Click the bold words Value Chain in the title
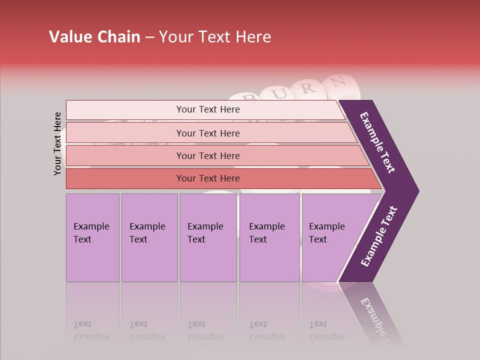coord(94,37)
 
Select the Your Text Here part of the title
coord(215,37)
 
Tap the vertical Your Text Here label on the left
coord(57,143)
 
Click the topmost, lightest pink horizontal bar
coord(207,109)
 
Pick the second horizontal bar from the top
coord(207,133)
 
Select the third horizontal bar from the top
coord(207,155)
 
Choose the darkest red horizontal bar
coord(207,178)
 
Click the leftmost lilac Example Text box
coord(92,237)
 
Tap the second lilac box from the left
coord(149,237)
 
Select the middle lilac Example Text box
coord(208,237)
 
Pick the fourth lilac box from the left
coord(269,237)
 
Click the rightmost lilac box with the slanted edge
coord(330,237)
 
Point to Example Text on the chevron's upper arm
coord(378,142)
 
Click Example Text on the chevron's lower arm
coord(379,236)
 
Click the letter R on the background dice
coord(308,89)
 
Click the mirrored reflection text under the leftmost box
coord(91,330)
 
